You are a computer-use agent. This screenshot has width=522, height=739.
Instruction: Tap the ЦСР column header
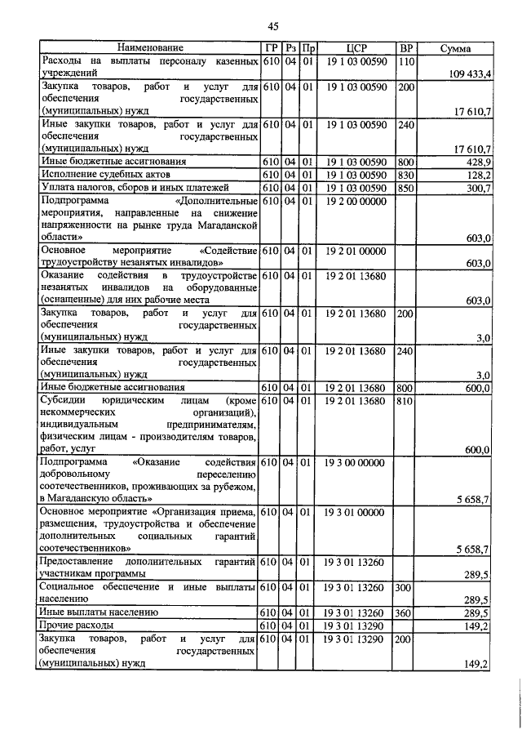[x=353, y=49]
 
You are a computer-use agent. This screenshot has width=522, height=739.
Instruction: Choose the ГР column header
[x=272, y=49]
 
